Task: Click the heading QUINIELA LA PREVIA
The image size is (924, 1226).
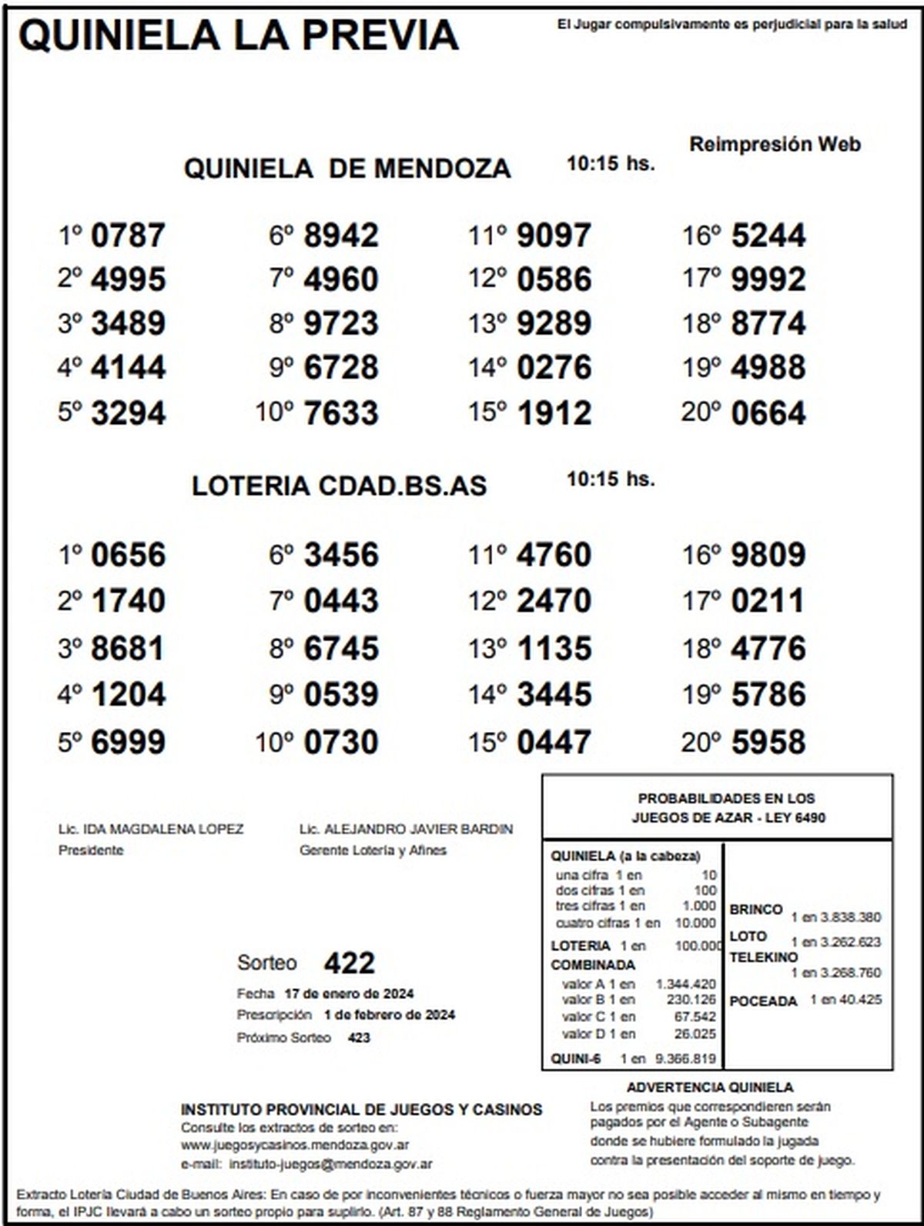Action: pos(239,35)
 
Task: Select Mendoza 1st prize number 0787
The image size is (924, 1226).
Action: pos(128,236)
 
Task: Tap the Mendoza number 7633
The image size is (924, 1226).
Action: pos(341,413)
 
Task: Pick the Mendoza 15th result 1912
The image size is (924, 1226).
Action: pos(554,413)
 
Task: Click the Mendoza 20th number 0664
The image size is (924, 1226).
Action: pos(768,413)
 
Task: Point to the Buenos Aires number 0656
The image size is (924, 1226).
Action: pos(128,555)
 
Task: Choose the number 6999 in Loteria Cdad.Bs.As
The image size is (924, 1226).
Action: pos(128,742)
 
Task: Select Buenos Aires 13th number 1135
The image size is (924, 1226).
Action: pos(554,648)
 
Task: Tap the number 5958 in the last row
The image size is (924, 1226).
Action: pos(768,742)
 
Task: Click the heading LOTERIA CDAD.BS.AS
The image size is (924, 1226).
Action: pos(340,486)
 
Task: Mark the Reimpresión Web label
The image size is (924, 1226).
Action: pos(775,144)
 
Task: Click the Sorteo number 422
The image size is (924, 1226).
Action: pos(349,963)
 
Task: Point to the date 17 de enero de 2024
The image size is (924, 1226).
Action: pos(349,993)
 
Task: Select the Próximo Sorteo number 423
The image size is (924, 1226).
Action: pos(359,1037)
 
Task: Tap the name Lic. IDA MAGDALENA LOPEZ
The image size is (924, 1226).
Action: pos(151,829)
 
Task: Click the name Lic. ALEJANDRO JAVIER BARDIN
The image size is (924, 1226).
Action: pos(406,829)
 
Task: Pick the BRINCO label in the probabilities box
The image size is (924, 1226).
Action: pos(756,910)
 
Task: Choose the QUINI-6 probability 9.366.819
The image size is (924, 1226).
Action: pos(685,1058)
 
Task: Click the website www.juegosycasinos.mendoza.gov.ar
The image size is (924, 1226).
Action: pos(295,1145)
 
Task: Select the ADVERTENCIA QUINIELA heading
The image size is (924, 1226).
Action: pos(709,1087)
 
